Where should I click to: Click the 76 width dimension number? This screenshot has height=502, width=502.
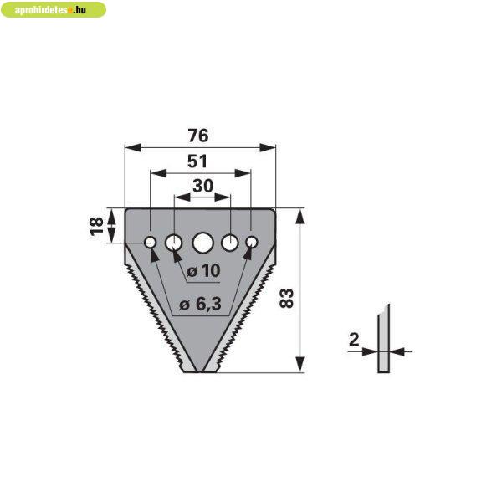coord(198,135)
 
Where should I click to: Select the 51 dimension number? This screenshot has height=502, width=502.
coord(197,161)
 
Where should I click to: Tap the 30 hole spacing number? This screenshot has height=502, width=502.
coord(203,186)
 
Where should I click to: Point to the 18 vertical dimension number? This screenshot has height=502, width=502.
coord(97,227)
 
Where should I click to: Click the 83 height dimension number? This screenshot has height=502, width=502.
coord(286,298)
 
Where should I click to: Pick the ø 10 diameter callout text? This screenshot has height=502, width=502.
coord(203,271)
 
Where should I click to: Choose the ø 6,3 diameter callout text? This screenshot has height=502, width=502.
coord(201,305)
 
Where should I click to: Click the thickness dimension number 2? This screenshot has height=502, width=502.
coord(354,340)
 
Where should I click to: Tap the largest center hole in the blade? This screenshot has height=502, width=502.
coord(203,243)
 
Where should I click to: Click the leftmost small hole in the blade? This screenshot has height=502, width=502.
coord(150,242)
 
